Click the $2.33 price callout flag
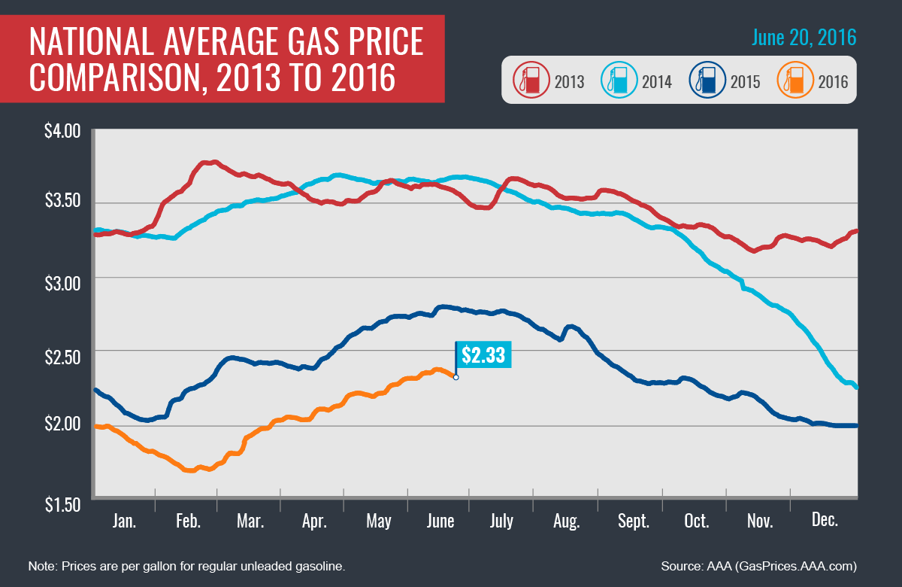pos(484,355)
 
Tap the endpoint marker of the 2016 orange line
pos(456,377)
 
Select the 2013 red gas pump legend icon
pos(529,80)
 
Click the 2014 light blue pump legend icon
pos(617,80)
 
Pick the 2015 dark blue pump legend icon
pos(705,80)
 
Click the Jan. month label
pos(124,522)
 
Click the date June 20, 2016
pos(803,37)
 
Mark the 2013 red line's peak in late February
pos(213,162)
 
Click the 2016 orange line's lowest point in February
pos(189,470)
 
